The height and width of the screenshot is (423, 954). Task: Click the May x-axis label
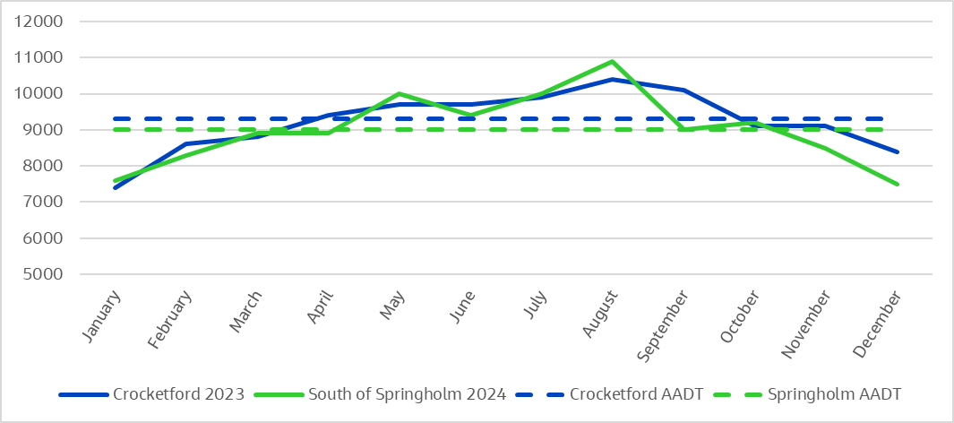pyautogui.click(x=393, y=306)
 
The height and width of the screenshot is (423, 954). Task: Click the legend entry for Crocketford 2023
pyautogui.click(x=151, y=394)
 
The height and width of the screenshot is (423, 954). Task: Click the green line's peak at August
pyautogui.click(x=612, y=62)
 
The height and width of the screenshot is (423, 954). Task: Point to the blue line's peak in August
pyautogui.click(x=612, y=79)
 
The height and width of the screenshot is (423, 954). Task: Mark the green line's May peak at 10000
pyautogui.click(x=399, y=93)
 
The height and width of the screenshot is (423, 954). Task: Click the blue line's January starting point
pyautogui.click(x=115, y=187)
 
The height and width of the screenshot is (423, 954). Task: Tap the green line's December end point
pyautogui.click(x=898, y=185)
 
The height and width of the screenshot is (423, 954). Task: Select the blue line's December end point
pyautogui.click(x=898, y=152)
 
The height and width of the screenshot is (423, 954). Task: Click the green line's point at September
pyautogui.click(x=683, y=130)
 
